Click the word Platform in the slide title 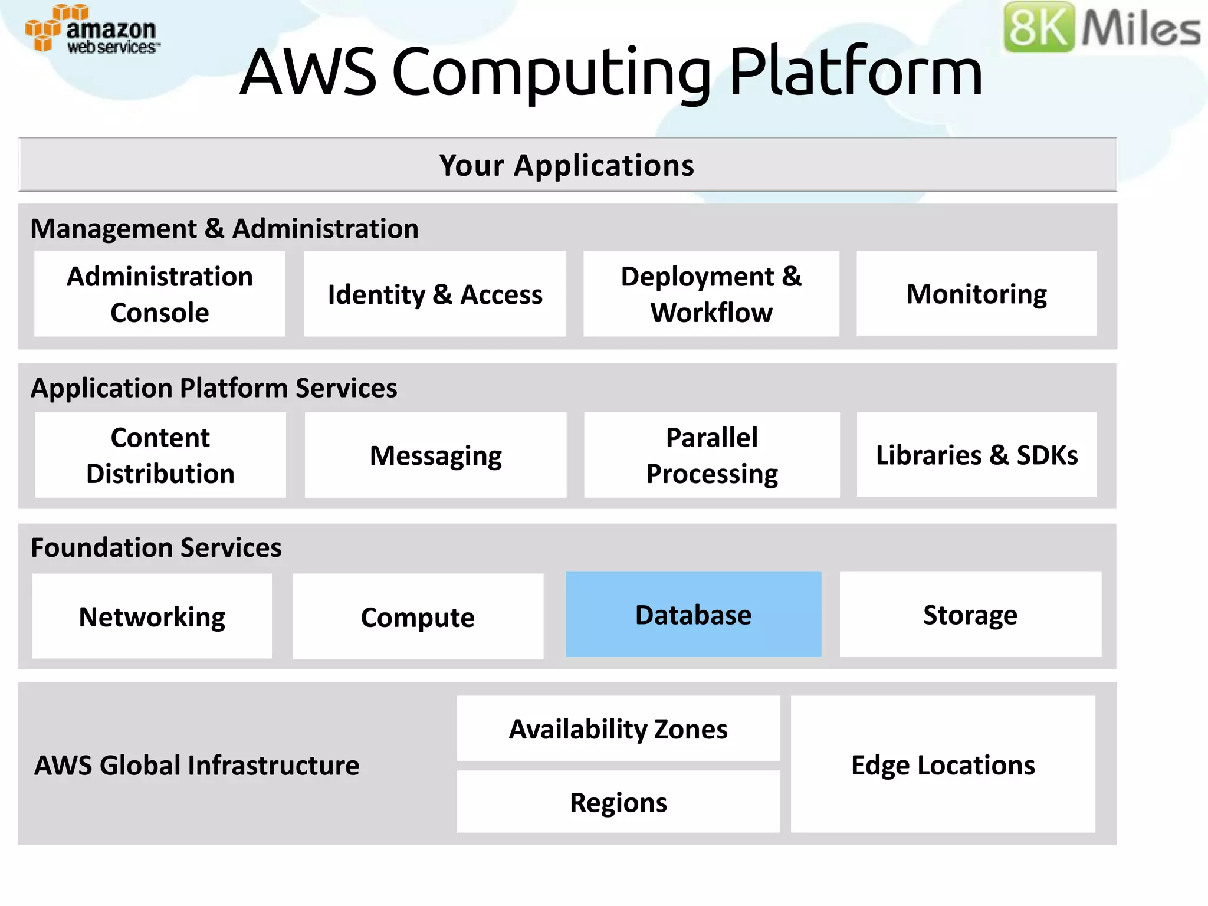(x=855, y=72)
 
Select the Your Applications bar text (x=567, y=165)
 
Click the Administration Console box (x=160, y=294)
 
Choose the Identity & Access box (x=435, y=294)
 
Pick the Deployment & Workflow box (x=711, y=294)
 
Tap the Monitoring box (x=976, y=294)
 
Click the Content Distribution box (x=160, y=455)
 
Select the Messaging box (x=435, y=455)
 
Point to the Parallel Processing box (x=711, y=455)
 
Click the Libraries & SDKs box (x=976, y=455)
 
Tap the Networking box (x=152, y=616)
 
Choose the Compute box (x=418, y=616)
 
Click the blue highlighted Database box (x=693, y=615)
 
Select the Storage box (x=970, y=615)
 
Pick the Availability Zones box (x=618, y=729)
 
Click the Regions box (x=618, y=802)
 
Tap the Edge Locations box (x=943, y=764)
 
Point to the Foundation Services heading (x=156, y=547)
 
